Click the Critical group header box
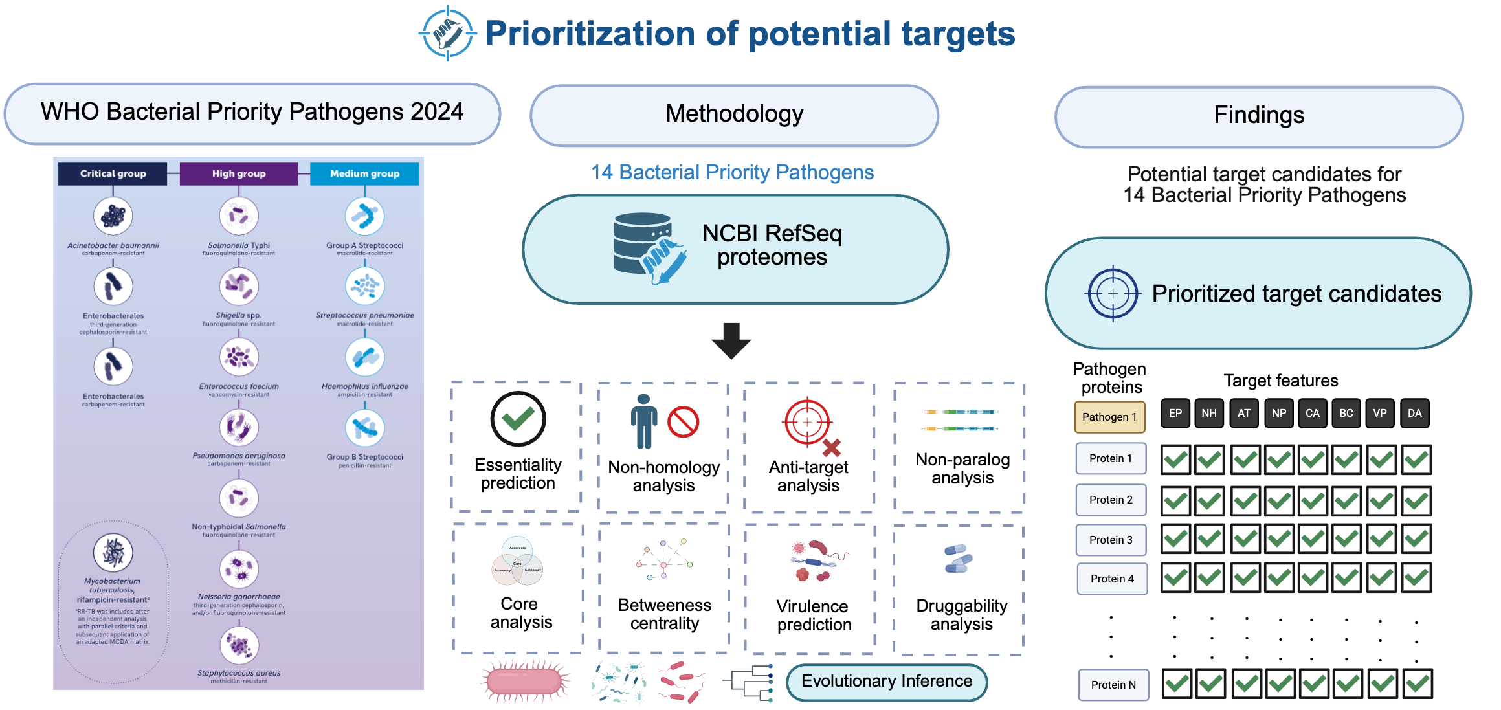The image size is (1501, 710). (x=113, y=173)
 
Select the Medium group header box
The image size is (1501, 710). (x=364, y=173)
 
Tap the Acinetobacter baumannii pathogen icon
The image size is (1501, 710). (x=113, y=216)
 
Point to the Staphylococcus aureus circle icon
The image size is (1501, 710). (x=239, y=645)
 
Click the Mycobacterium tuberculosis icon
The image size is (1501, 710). (x=113, y=552)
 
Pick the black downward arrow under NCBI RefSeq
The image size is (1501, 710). (x=731, y=340)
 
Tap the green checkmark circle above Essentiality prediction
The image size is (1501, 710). (x=518, y=419)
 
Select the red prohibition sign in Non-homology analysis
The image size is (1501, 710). (x=683, y=422)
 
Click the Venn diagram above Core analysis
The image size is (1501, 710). (x=517, y=560)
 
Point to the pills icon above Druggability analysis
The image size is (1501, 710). (x=958, y=559)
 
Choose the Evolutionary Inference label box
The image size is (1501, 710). (x=886, y=682)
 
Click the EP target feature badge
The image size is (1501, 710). (x=1175, y=413)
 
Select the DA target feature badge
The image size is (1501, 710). (x=1414, y=413)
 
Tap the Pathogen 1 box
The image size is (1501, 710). (x=1109, y=417)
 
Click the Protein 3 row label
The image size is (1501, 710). (x=1111, y=540)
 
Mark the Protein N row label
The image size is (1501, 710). (x=1113, y=685)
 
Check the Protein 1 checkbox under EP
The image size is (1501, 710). (x=1175, y=460)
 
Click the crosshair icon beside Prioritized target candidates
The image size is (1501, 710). (x=1112, y=293)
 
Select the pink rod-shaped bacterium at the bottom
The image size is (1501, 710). (x=524, y=682)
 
